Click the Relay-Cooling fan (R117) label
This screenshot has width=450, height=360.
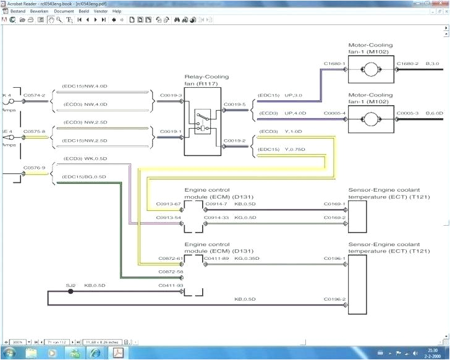pyautogui.click(x=206, y=80)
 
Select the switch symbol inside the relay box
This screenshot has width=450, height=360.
pyautogui.click(x=202, y=121)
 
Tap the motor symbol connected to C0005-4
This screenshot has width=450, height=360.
pyautogui.click(x=371, y=119)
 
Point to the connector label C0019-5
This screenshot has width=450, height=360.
pyautogui.click(x=235, y=104)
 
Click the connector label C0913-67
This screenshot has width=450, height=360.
pyautogui.click(x=169, y=204)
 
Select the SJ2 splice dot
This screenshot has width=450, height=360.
pyautogui.click(x=70, y=291)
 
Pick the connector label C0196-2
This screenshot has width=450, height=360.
pyautogui.click(x=334, y=299)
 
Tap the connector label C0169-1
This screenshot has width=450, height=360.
pyautogui.click(x=334, y=204)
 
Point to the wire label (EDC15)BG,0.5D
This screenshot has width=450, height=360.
pyautogui.click(x=84, y=177)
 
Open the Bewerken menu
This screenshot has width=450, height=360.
pyautogui.click(x=38, y=11)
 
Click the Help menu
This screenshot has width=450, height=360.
pyautogui.click(x=117, y=11)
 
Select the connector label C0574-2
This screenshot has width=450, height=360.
pyautogui.click(x=35, y=96)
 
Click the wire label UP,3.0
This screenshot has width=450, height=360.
pyautogui.click(x=292, y=95)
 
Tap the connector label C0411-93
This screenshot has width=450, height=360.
pyautogui.click(x=170, y=285)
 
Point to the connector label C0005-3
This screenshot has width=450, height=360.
pyautogui.click(x=408, y=113)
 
